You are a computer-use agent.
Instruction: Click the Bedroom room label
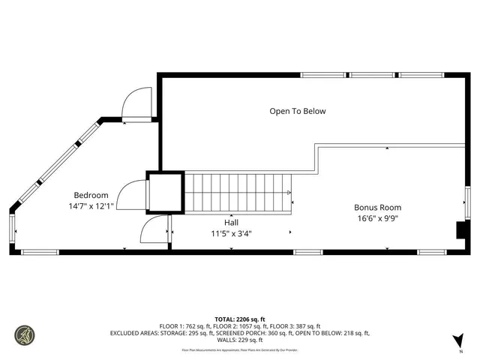coord(91,195)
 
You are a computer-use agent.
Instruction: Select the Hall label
coord(231,223)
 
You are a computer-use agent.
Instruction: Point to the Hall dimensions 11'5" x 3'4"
coord(231,233)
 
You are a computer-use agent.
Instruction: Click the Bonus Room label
coord(377,208)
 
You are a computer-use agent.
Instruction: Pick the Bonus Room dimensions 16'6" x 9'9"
coord(377,218)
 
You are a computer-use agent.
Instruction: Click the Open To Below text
coord(298,111)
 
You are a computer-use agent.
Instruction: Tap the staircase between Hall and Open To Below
coord(237,193)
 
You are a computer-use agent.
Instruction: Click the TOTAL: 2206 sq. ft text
coord(240,318)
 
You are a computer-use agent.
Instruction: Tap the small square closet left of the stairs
coord(164,191)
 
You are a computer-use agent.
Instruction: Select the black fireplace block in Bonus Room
coord(461,230)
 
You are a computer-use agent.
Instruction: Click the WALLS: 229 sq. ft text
coord(240,340)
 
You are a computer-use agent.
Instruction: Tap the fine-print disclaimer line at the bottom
coord(240,350)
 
